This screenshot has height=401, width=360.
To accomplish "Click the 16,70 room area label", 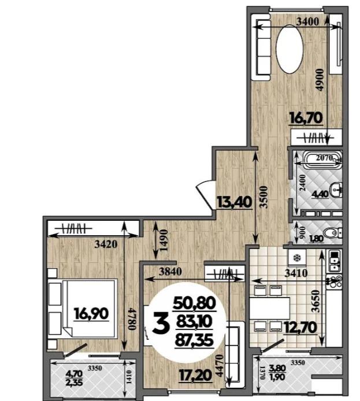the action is point(306,118).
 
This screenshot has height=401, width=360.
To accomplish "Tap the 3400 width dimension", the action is point(307,22).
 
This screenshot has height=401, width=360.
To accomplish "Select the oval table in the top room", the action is point(290,49).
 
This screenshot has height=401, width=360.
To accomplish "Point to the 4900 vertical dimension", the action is point(320,80).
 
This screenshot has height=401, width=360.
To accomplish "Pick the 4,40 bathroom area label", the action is point(320,195).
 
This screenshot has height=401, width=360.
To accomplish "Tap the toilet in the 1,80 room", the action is point(333,233).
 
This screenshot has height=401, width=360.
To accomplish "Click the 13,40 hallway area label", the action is point(234,202).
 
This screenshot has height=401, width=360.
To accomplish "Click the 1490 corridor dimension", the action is point(164,240).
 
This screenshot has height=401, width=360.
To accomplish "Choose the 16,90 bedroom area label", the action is point(91,314).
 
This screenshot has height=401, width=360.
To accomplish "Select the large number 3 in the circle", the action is point(161,324).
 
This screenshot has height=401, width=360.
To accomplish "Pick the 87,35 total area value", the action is point(194,340).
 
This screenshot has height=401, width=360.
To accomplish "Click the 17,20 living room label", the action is point(195,376).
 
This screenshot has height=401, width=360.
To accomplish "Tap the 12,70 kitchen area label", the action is point(300,328).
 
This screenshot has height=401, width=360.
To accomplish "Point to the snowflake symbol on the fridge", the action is point(297,258).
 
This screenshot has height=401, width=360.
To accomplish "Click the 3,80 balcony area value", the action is point(277,368).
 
